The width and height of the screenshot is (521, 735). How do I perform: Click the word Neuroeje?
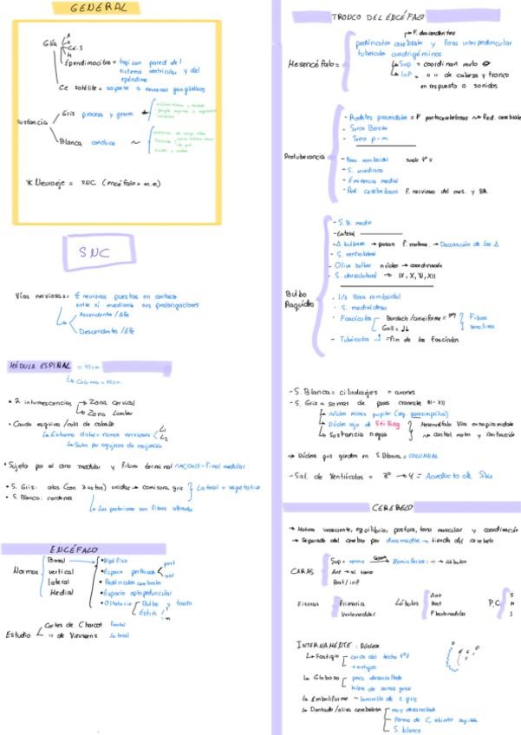(54, 182)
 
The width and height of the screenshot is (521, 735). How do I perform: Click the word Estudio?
(19, 634)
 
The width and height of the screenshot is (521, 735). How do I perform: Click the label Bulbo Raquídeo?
(297, 299)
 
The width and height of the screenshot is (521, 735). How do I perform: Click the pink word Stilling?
(387, 425)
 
